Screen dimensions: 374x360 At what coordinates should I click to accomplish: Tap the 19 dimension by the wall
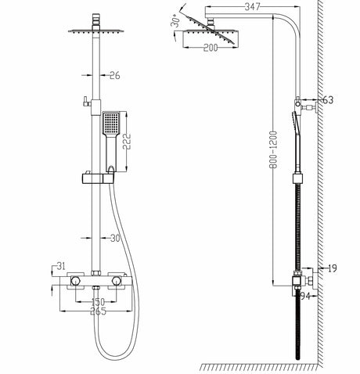tap(331, 268)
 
